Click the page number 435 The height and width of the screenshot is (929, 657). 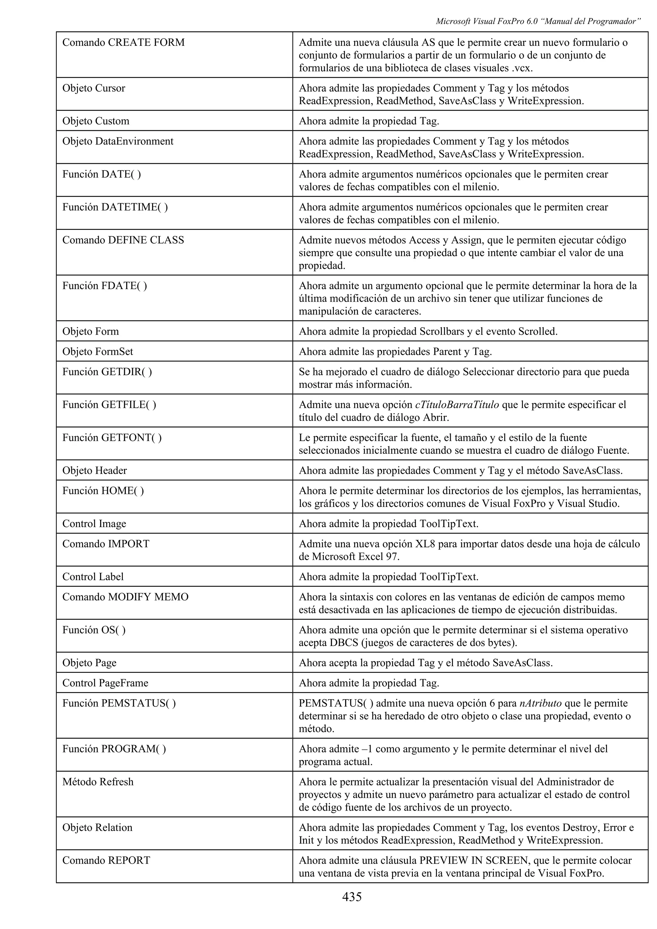(352, 897)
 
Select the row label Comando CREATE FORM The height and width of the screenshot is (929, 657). (123, 43)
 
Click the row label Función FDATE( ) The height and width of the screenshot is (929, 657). (105, 286)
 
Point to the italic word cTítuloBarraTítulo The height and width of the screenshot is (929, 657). (457, 405)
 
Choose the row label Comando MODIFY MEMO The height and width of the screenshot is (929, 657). (125, 597)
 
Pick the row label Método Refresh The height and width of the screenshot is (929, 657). (98, 782)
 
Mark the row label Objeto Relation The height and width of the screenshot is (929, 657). (97, 827)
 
